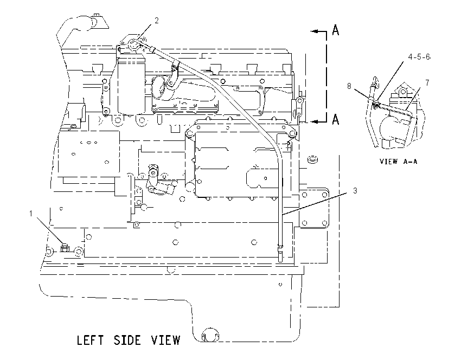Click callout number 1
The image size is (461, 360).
click(x=31, y=214)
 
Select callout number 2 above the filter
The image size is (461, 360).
click(x=157, y=20)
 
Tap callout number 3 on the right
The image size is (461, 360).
click(x=355, y=191)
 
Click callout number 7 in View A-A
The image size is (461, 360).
click(x=427, y=83)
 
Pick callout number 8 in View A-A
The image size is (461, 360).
click(x=349, y=86)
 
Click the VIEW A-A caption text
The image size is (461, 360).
click(x=399, y=162)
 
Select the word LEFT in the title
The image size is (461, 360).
click(x=90, y=340)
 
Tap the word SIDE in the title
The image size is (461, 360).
click(x=127, y=340)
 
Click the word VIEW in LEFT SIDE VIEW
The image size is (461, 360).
click(x=165, y=340)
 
